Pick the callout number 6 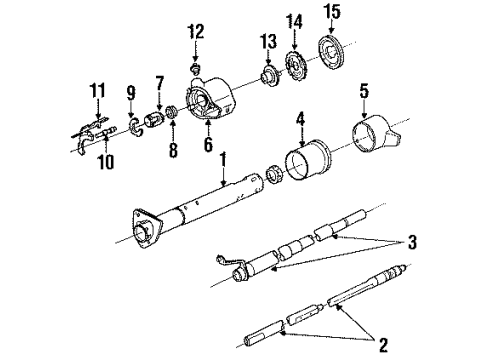tap(208, 145)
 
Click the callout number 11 tap(96, 92)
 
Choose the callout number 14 tap(293, 19)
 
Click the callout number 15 tap(331, 11)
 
